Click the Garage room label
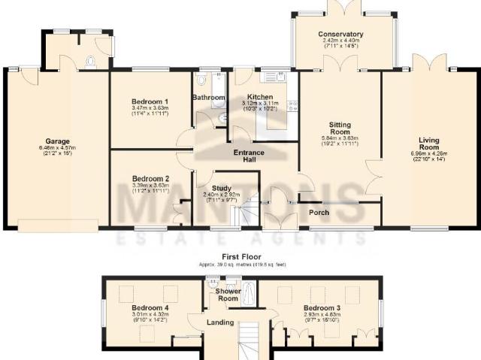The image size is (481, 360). click(57, 141)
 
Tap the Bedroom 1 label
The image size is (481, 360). click(150, 101)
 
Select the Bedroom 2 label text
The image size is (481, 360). click(150, 179)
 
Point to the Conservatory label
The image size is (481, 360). click(340, 35)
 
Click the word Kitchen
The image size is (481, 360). click(260, 97)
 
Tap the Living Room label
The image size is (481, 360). click(428, 142)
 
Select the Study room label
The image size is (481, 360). click(221, 188)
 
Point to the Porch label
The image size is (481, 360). click(319, 212)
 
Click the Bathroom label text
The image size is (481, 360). click(208, 98)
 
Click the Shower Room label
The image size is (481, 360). click(228, 295)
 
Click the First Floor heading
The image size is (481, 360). click(241, 257)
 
